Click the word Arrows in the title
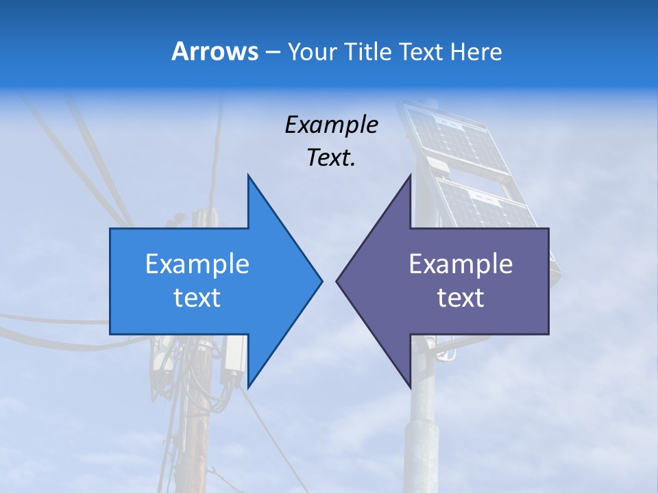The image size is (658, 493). pyautogui.click(x=215, y=51)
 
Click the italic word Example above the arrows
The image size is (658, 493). pyautogui.click(x=331, y=125)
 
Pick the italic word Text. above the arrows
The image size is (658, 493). pyautogui.click(x=331, y=157)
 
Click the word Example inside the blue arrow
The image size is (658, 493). pyautogui.click(x=197, y=264)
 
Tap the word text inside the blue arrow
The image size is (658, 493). pyautogui.click(x=197, y=297)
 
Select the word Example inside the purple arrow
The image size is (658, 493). pyautogui.click(x=461, y=264)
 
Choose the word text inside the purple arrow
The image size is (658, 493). pyautogui.click(x=461, y=297)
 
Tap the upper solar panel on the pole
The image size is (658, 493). pyautogui.click(x=456, y=137)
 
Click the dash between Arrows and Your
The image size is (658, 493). pyautogui.click(x=272, y=52)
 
